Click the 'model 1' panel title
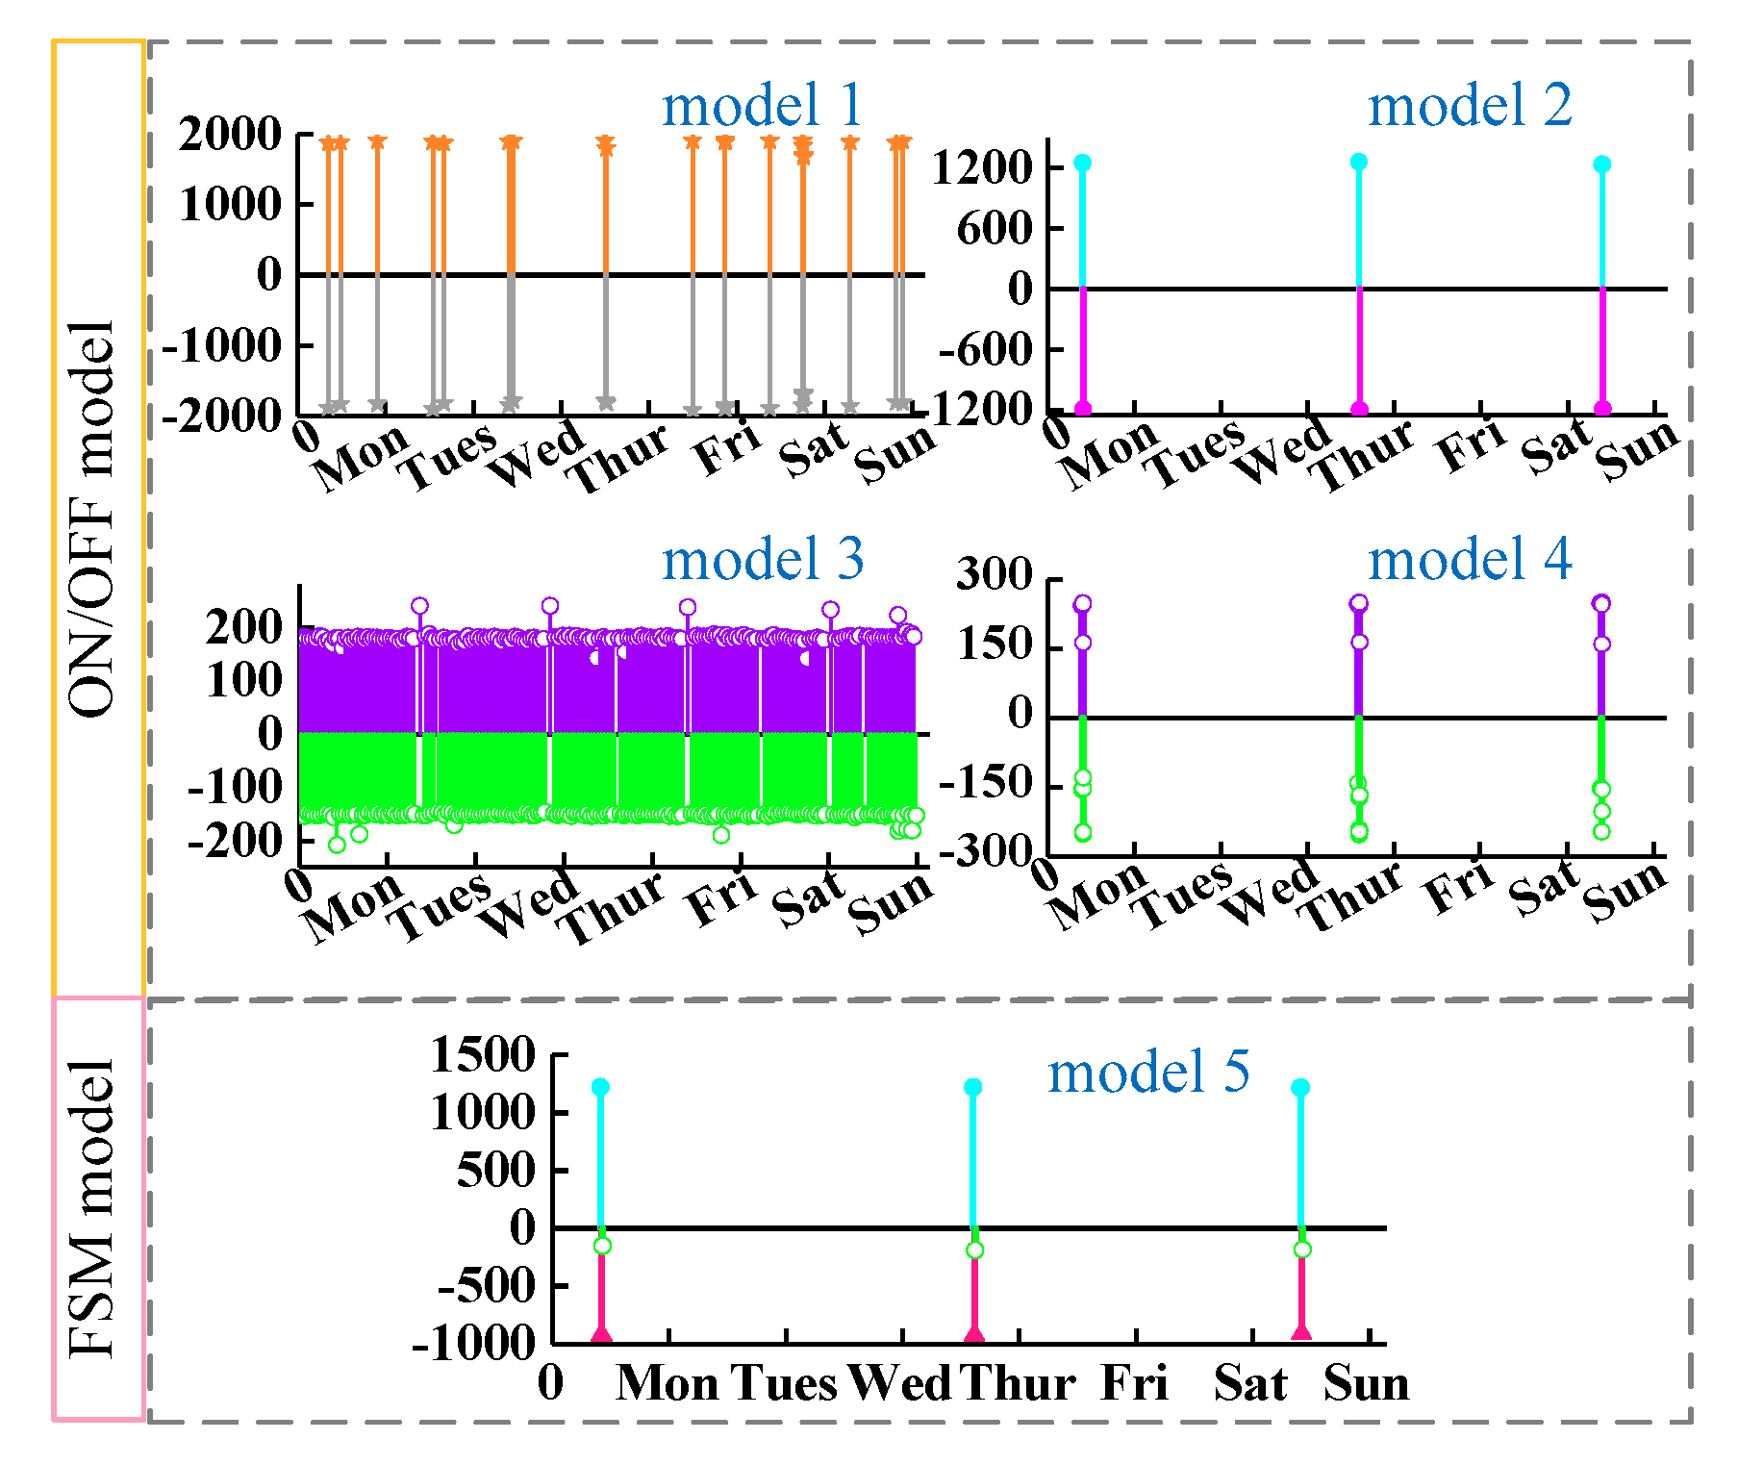[x=762, y=106]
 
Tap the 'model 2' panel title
[x=1470, y=106]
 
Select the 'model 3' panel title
[x=762, y=560]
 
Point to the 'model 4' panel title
[x=1470, y=560]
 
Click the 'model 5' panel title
[x=1148, y=1073]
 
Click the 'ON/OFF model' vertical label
[x=94, y=519]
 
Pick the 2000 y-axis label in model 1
[x=230, y=135]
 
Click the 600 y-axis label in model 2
[x=995, y=229]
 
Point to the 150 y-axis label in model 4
[x=995, y=644]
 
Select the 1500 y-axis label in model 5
[x=483, y=1055]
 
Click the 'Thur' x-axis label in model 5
[x=1018, y=1384]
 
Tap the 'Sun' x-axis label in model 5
[x=1366, y=1384]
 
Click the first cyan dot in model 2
[x=1083, y=163]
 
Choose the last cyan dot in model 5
[x=1300, y=1088]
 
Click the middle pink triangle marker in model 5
[x=974, y=1334]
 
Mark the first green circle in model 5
[x=603, y=1247]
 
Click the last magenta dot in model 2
[x=1602, y=409]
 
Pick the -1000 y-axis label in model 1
[x=222, y=346]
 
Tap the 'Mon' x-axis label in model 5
[x=667, y=1384]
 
